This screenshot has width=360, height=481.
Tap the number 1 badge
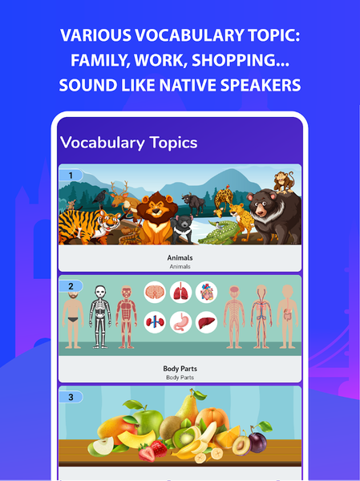tap(71, 175)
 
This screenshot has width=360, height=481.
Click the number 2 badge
tap(71, 285)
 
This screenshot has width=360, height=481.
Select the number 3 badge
tap(71, 396)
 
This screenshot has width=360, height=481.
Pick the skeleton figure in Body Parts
tap(99, 316)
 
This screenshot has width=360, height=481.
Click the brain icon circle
tap(156, 293)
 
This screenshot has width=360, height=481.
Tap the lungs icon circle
tap(181, 293)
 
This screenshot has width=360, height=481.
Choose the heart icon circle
tap(207, 293)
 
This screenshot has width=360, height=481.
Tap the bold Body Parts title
tap(180, 369)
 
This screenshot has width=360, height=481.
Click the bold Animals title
tap(180, 258)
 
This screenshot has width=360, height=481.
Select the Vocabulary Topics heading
tap(128, 143)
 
